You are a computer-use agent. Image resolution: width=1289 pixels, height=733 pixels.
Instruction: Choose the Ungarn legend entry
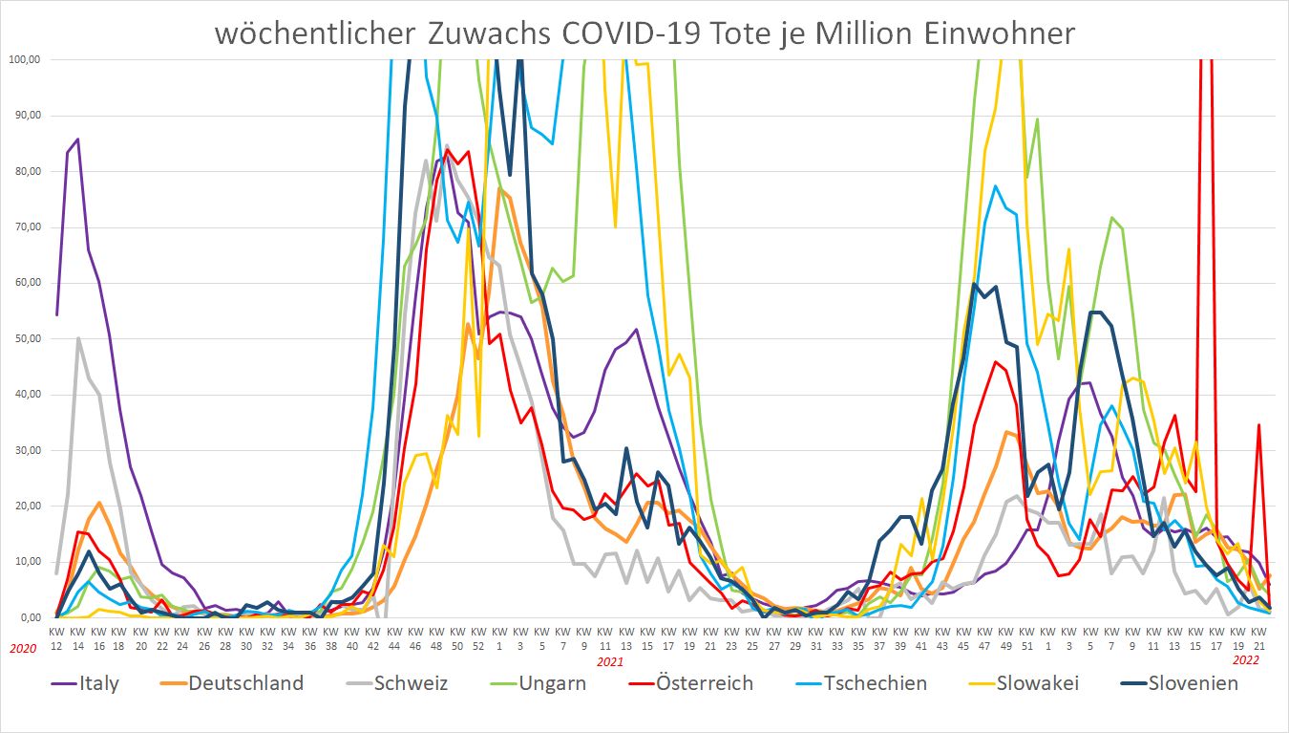539,683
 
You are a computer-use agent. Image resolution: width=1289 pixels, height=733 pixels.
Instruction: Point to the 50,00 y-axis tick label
24,339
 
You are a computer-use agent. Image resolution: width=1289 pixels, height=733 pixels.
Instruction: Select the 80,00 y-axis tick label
24,172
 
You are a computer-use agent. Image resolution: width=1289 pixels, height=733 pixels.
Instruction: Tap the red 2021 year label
609,660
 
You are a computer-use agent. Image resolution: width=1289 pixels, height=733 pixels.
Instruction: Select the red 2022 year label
1246,660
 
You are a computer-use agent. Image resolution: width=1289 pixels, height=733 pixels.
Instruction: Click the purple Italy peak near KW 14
78,140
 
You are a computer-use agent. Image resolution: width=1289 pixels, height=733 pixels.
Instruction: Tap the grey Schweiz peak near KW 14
78,338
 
